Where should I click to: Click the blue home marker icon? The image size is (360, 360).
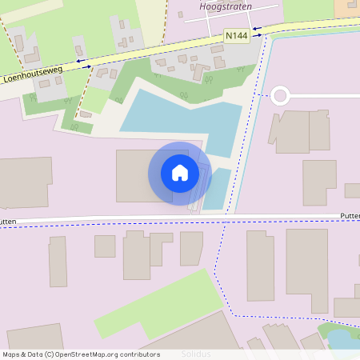click(180, 173)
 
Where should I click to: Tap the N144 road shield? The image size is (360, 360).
click(236, 36)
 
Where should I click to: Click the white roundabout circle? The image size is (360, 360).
click(279, 96)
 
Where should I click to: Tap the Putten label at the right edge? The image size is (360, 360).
click(350, 216)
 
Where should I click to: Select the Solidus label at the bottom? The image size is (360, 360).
click(196, 354)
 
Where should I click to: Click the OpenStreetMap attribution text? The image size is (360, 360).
click(80, 354)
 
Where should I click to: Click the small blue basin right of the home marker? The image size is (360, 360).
click(217, 188)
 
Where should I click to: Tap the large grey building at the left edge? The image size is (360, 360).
click(24, 182)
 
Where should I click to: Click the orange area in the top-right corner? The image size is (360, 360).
click(348, 6)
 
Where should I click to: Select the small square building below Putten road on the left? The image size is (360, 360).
click(105, 246)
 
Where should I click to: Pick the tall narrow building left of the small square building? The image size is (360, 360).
click(58, 262)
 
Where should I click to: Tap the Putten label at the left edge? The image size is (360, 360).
click(8, 222)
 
